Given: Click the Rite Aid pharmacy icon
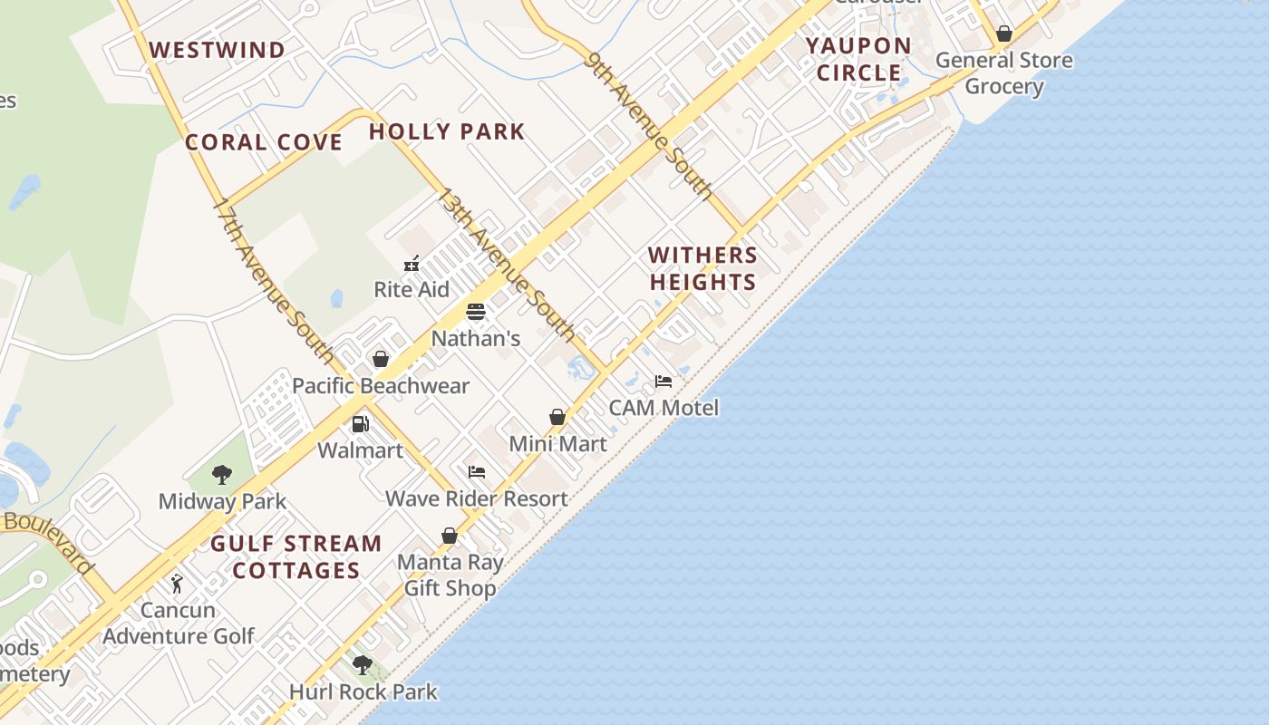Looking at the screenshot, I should click(x=412, y=264).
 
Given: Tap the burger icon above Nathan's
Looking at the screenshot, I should click(x=476, y=312).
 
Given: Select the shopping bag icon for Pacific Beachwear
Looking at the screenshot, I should click(x=381, y=359).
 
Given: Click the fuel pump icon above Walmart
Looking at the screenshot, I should click(x=360, y=424).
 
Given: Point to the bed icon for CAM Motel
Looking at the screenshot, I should click(x=664, y=382).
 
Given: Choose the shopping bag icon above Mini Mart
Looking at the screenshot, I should click(x=557, y=417).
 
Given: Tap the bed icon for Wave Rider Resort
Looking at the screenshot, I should click(x=477, y=472).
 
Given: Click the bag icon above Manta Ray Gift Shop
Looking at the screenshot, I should click(x=450, y=536).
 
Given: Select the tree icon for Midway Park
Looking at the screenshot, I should click(x=222, y=475).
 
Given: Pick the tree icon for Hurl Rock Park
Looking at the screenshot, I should click(x=363, y=665).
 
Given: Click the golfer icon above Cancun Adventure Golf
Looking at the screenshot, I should click(x=177, y=584).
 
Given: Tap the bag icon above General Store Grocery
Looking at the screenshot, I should click(x=1004, y=34).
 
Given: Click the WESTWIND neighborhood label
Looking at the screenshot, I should click(x=218, y=50).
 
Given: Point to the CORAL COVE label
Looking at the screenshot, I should click(x=264, y=142).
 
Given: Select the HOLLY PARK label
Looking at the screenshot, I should click(x=447, y=131).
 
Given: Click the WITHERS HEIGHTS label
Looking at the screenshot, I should click(x=702, y=268).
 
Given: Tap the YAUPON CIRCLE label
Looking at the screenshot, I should click(x=858, y=59).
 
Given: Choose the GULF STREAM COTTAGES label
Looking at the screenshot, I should click(x=296, y=556).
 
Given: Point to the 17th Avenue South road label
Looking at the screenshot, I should click(x=273, y=279).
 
